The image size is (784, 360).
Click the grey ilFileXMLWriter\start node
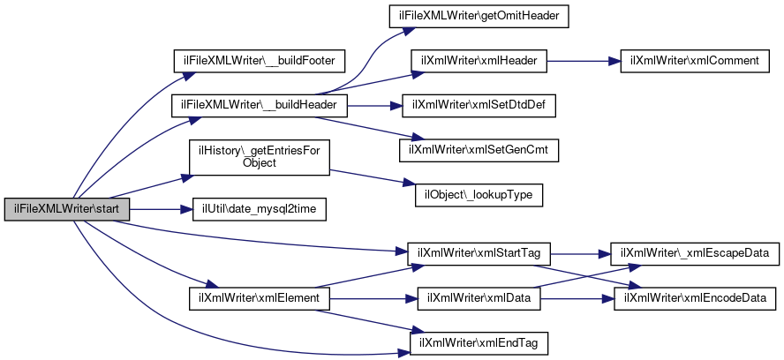click(67, 209)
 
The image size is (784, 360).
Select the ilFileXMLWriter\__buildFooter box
click(259, 61)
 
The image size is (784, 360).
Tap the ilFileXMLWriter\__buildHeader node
click(259, 106)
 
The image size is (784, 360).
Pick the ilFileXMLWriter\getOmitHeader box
click(479, 16)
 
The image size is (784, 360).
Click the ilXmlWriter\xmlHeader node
click(479, 61)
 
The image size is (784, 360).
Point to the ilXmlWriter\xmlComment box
click(695, 61)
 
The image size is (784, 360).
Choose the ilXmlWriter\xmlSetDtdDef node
click(479, 106)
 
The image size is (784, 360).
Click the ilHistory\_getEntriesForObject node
click(259, 157)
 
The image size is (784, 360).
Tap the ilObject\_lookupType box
click(479, 196)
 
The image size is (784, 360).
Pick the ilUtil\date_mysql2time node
click(260, 209)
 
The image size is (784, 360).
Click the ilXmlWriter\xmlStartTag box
click(479, 253)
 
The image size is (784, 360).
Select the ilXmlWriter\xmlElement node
click(260, 298)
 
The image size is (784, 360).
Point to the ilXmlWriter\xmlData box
click(479, 298)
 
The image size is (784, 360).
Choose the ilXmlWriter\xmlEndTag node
click(479, 343)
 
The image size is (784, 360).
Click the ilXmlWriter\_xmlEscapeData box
click(695, 253)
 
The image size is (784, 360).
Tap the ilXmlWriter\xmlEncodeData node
click(695, 298)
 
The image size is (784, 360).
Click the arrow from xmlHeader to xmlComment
click(584, 61)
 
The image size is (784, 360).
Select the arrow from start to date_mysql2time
click(161, 209)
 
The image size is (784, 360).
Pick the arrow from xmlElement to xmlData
click(373, 298)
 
